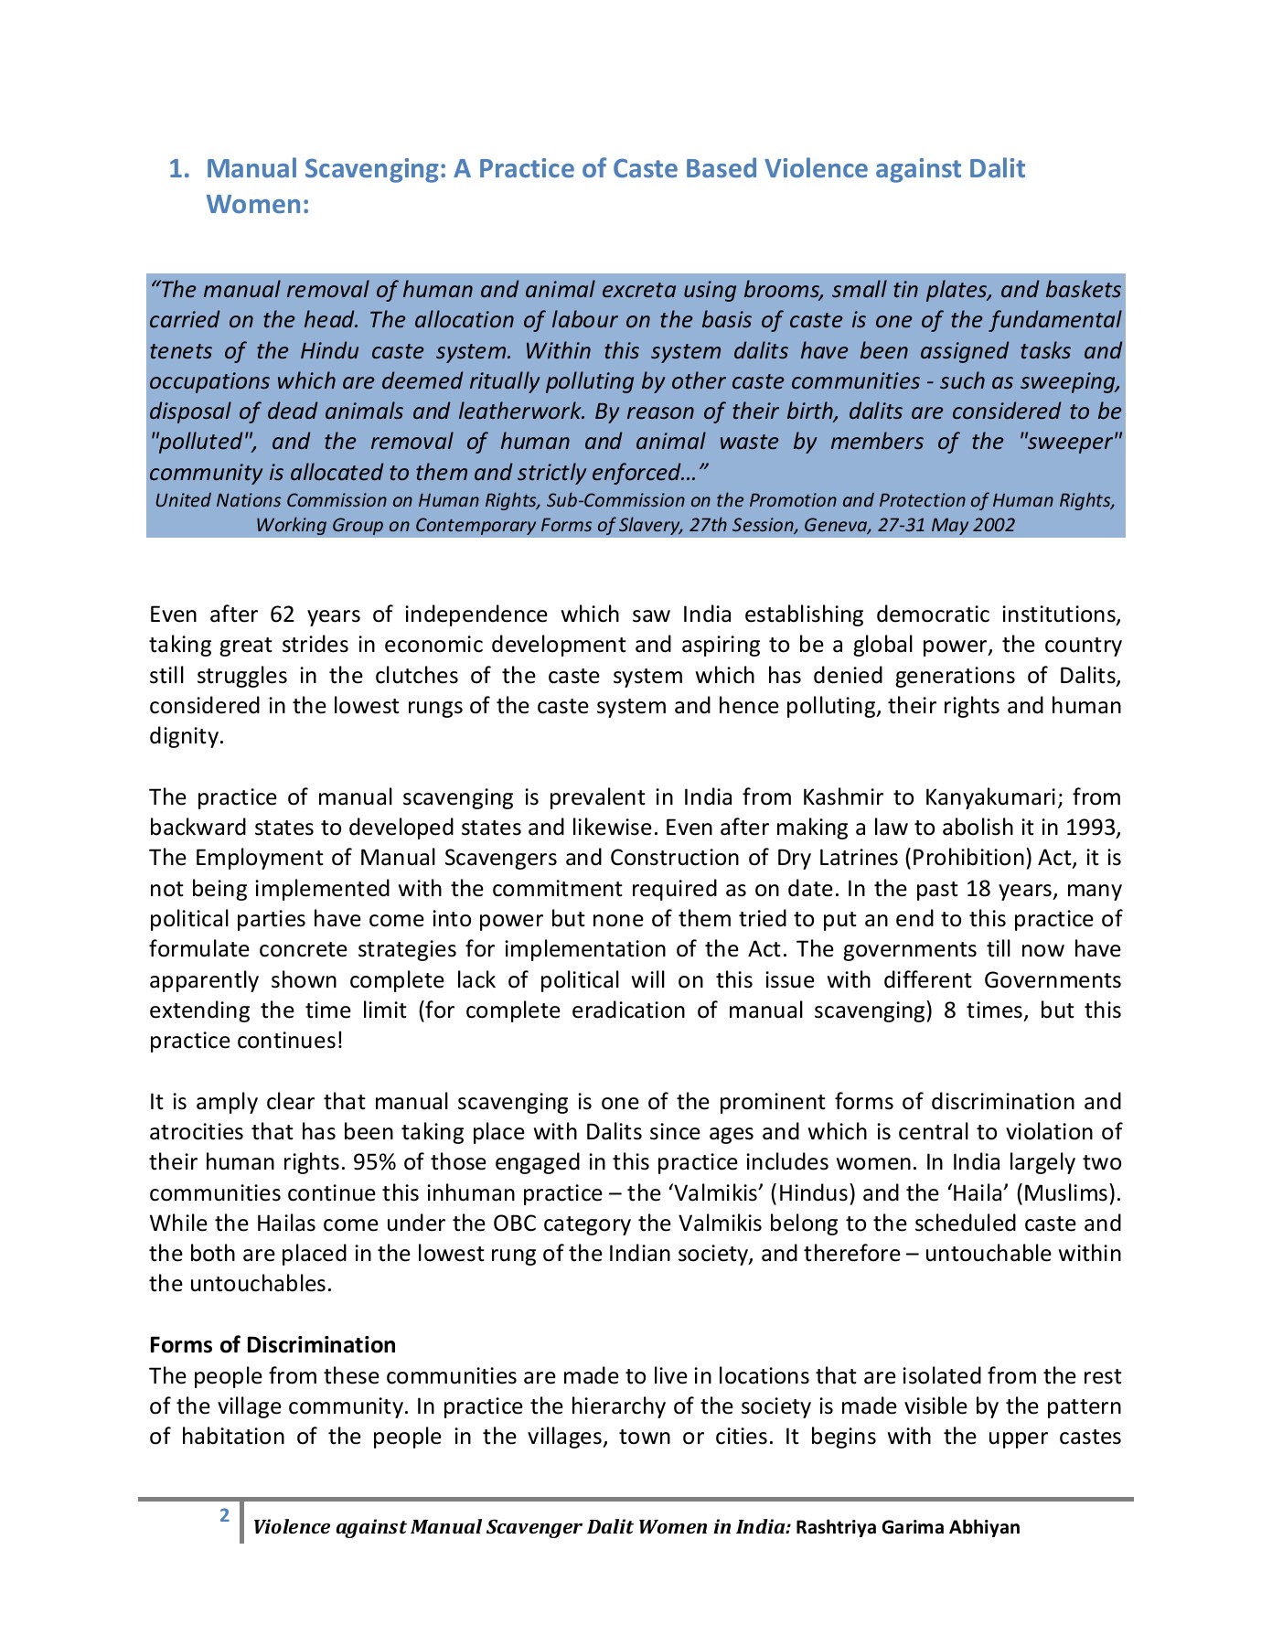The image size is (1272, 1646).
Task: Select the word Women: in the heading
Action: [258, 204]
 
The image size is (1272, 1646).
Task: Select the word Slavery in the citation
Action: [650, 525]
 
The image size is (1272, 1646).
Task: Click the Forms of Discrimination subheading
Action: [273, 1345]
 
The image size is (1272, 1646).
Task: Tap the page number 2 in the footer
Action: [224, 1515]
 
